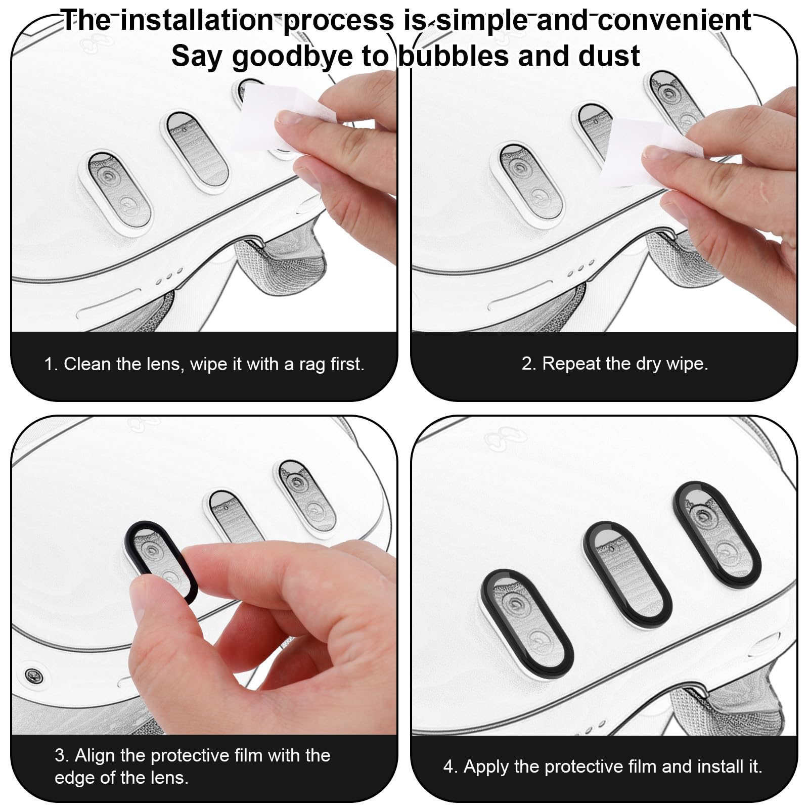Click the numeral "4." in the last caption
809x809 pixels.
[x=451, y=767]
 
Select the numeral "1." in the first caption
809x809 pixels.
[x=51, y=364]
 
